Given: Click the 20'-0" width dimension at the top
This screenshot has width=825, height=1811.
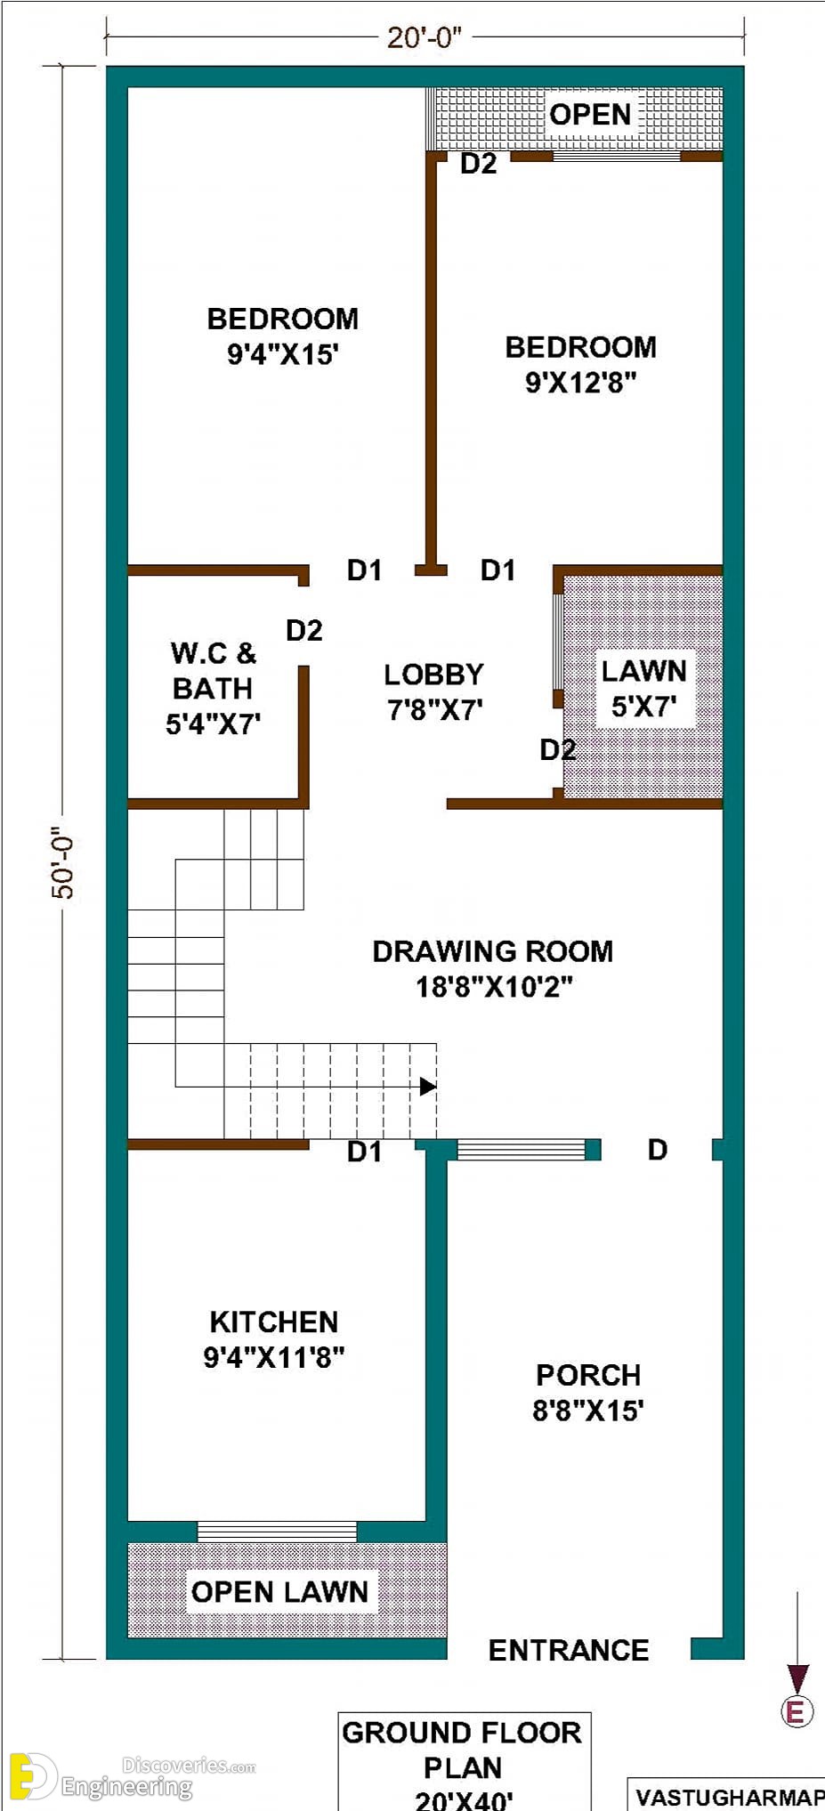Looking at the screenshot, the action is (425, 37).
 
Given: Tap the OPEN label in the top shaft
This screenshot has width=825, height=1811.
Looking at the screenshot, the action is (590, 114).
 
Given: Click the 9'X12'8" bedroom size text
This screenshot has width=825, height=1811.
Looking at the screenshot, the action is (580, 383).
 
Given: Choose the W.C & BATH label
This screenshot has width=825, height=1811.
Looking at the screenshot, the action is (214, 688).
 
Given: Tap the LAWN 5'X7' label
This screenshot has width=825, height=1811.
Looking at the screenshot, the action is (643, 688).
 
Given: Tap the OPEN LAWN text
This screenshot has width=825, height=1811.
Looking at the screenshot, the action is (279, 1592).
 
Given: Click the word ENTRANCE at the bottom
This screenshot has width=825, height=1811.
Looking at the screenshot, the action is (569, 1651).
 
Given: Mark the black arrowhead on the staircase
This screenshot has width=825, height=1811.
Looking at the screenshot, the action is (428, 1086).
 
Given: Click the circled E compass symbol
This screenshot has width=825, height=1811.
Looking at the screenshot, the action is (797, 1711).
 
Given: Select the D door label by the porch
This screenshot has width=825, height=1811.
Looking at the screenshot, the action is (658, 1150).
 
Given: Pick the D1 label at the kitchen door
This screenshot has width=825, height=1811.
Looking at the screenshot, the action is (364, 1152).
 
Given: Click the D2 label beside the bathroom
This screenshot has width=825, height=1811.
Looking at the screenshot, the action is (304, 630).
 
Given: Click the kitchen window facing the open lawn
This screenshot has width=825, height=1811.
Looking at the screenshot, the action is (277, 1531).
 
